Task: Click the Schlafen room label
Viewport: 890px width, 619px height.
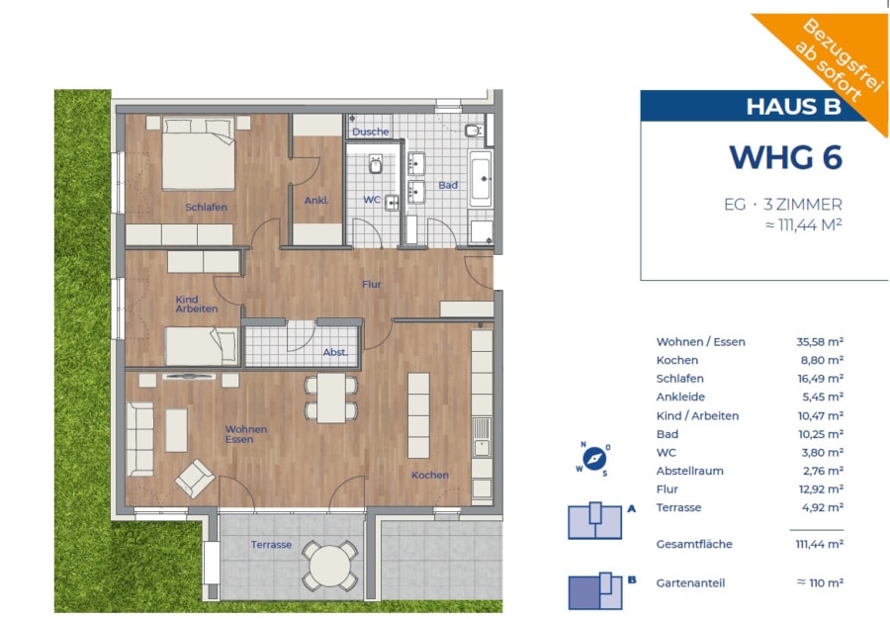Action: [x=206, y=207]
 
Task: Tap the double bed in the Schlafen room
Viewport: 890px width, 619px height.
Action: [x=199, y=153]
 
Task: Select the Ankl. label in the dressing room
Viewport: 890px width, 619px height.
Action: [x=316, y=201]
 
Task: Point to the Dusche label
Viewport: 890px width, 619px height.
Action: [x=371, y=132]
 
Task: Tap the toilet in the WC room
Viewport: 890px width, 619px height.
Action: [x=375, y=164]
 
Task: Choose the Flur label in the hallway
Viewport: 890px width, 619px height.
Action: [x=372, y=284]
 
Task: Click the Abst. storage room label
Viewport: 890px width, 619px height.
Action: [x=335, y=352]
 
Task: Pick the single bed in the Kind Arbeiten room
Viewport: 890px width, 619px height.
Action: [x=202, y=346]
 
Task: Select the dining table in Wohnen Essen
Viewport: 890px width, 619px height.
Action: [x=331, y=398]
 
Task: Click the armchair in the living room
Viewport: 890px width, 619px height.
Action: [x=195, y=479]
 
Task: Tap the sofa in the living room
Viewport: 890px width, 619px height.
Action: [x=140, y=439]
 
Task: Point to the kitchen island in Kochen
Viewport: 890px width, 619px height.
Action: [x=419, y=415]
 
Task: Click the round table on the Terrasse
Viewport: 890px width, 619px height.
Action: [x=330, y=566]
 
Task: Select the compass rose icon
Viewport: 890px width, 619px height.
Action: [x=594, y=458]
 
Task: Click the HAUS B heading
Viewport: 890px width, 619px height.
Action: [x=793, y=107]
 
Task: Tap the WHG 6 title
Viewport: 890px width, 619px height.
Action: [x=785, y=157]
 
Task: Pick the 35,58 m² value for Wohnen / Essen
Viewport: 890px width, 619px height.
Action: [x=820, y=341]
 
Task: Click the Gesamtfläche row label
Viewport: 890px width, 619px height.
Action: [x=694, y=544]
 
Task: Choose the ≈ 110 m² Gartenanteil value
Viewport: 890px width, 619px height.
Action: [x=820, y=582]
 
